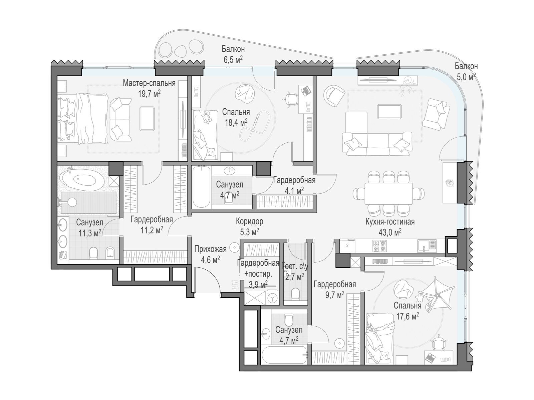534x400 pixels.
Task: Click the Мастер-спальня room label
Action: click(x=149, y=83)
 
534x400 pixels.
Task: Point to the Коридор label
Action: click(x=249, y=221)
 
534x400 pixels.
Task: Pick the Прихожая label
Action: click(x=211, y=249)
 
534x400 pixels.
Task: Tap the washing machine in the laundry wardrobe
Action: click(x=272, y=298)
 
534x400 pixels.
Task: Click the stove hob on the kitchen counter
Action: click(x=379, y=246)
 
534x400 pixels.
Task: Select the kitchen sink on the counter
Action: click(x=427, y=246)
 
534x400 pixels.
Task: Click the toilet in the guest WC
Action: click(x=295, y=294)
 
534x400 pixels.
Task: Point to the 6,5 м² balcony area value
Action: click(x=233, y=60)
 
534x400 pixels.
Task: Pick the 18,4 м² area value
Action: click(x=236, y=122)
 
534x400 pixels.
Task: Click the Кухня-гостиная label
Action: click(x=390, y=222)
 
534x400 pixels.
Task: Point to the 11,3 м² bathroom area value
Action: click(x=90, y=233)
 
